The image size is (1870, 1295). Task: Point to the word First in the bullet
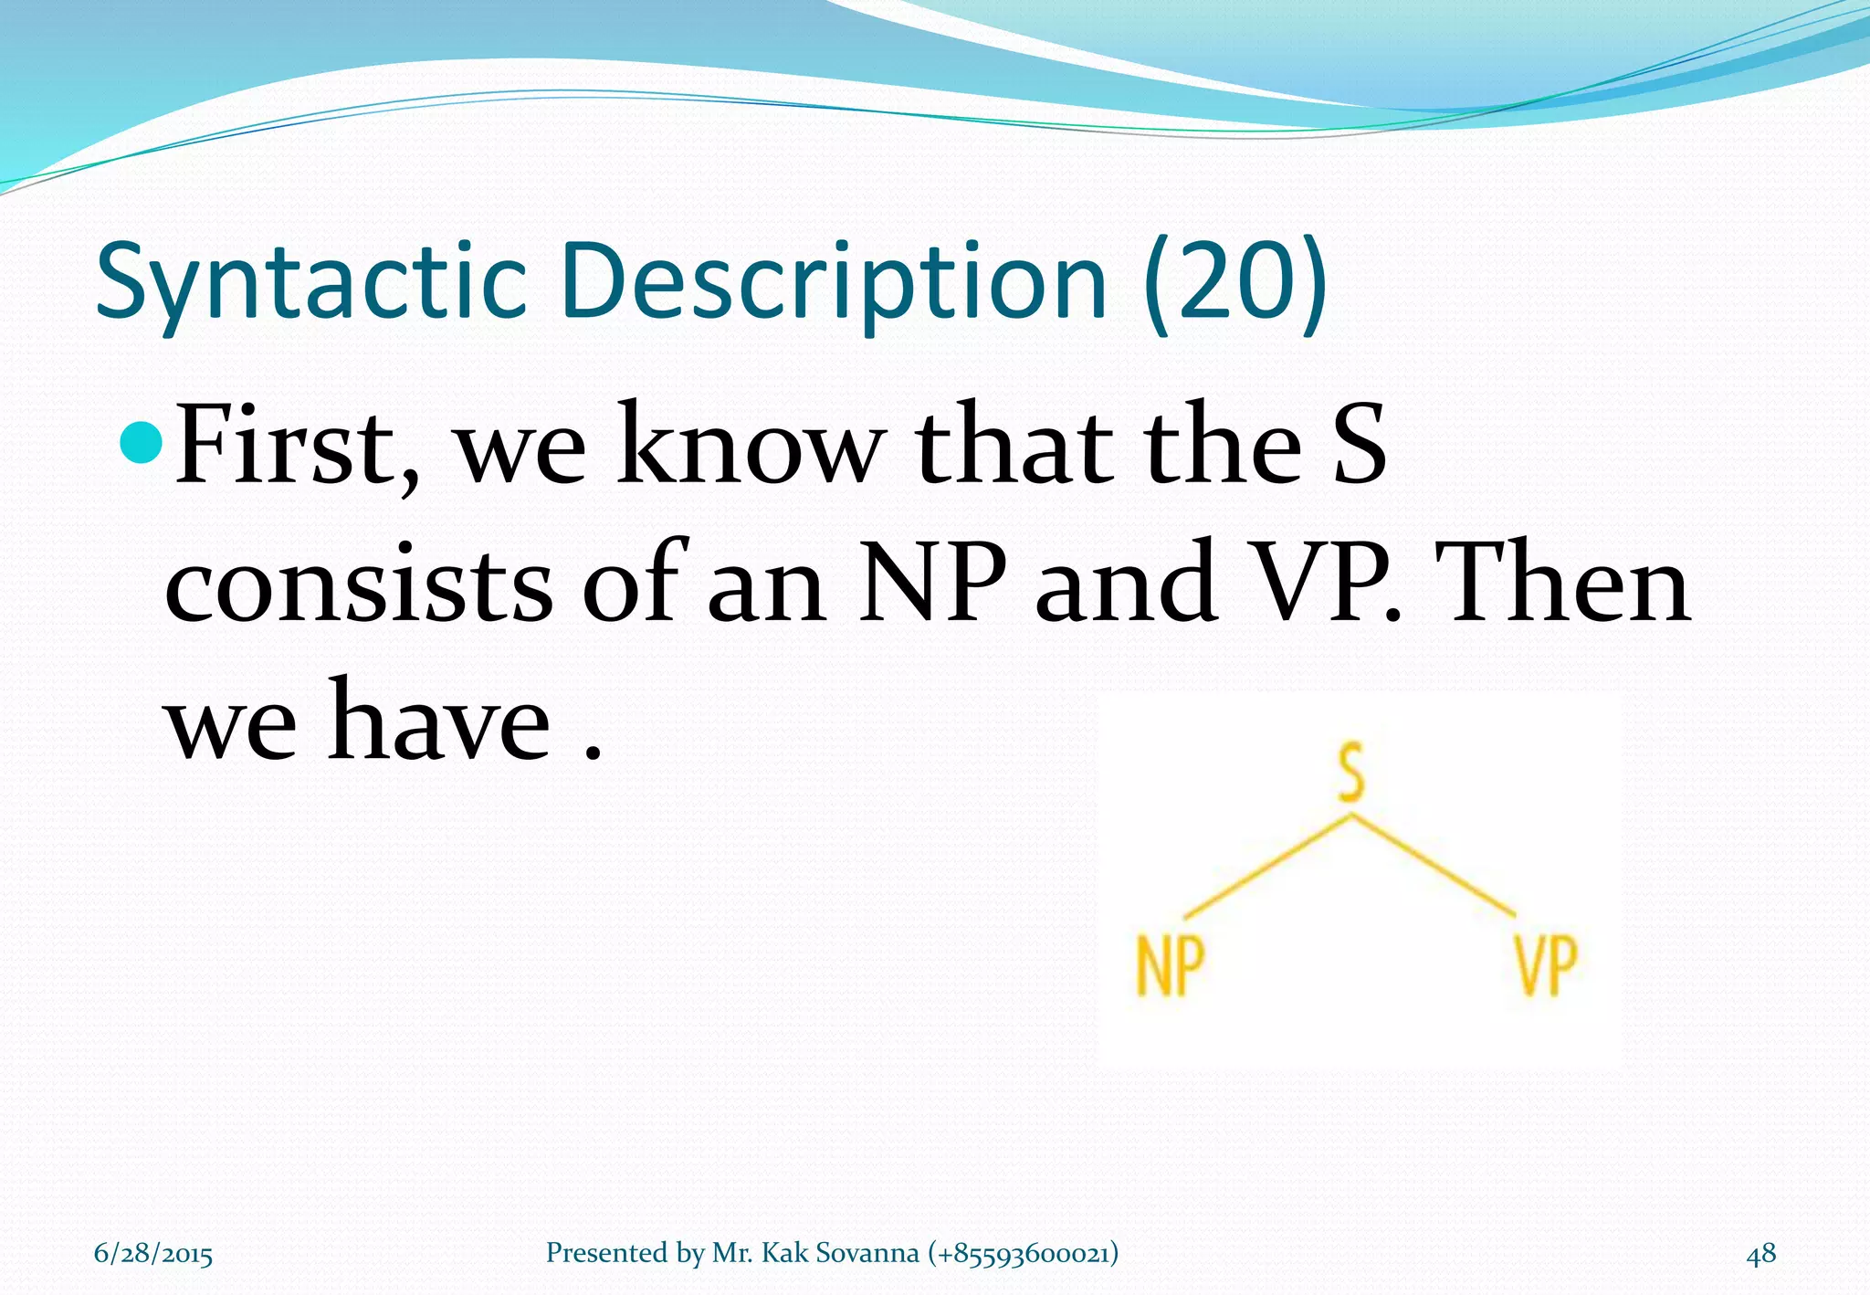[x=297, y=446]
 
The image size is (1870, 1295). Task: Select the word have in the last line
[x=438, y=721]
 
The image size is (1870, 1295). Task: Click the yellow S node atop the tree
[x=1351, y=773]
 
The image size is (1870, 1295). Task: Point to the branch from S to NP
[x=1267, y=865]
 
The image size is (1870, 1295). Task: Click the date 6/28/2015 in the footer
[x=153, y=1253]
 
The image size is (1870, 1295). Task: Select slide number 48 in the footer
[x=1760, y=1253]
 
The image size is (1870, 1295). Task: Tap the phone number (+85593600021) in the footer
[x=1023, y=1253]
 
